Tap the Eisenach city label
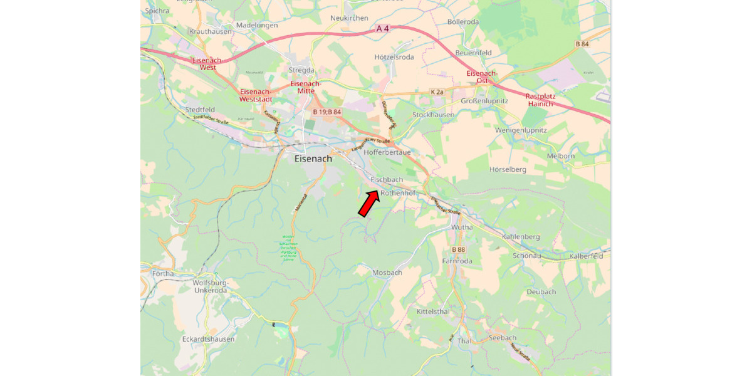click(x=313, y=159)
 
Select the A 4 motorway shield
click(x=384, y=29)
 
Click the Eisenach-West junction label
click(x=204, y=63)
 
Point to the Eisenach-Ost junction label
click(x=482, y=77)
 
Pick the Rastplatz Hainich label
click(x=540, y=100)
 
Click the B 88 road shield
click(x=458, y=249)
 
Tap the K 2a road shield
click(x=437, y=92)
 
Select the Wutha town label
click(x=462, y=227)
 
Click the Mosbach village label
click(x=387, y=273)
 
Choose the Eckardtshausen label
click(x=208, y=339)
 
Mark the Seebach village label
click(x=502, y=338)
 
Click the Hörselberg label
click(x=508, y=169)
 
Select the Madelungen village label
click(x=256, y=25)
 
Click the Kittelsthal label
click(x=433, y=311)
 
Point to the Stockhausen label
click(x=433, y=115)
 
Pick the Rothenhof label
click(x=398, y=193)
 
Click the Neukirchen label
click(x=349, y=18)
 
